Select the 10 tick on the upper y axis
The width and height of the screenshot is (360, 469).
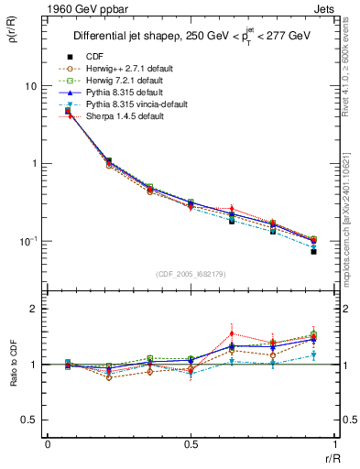(x=31, y=85)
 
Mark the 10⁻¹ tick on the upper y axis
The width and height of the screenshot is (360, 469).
(x=28, y=241)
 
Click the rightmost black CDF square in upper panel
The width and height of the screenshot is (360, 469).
(x=313, y=251)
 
